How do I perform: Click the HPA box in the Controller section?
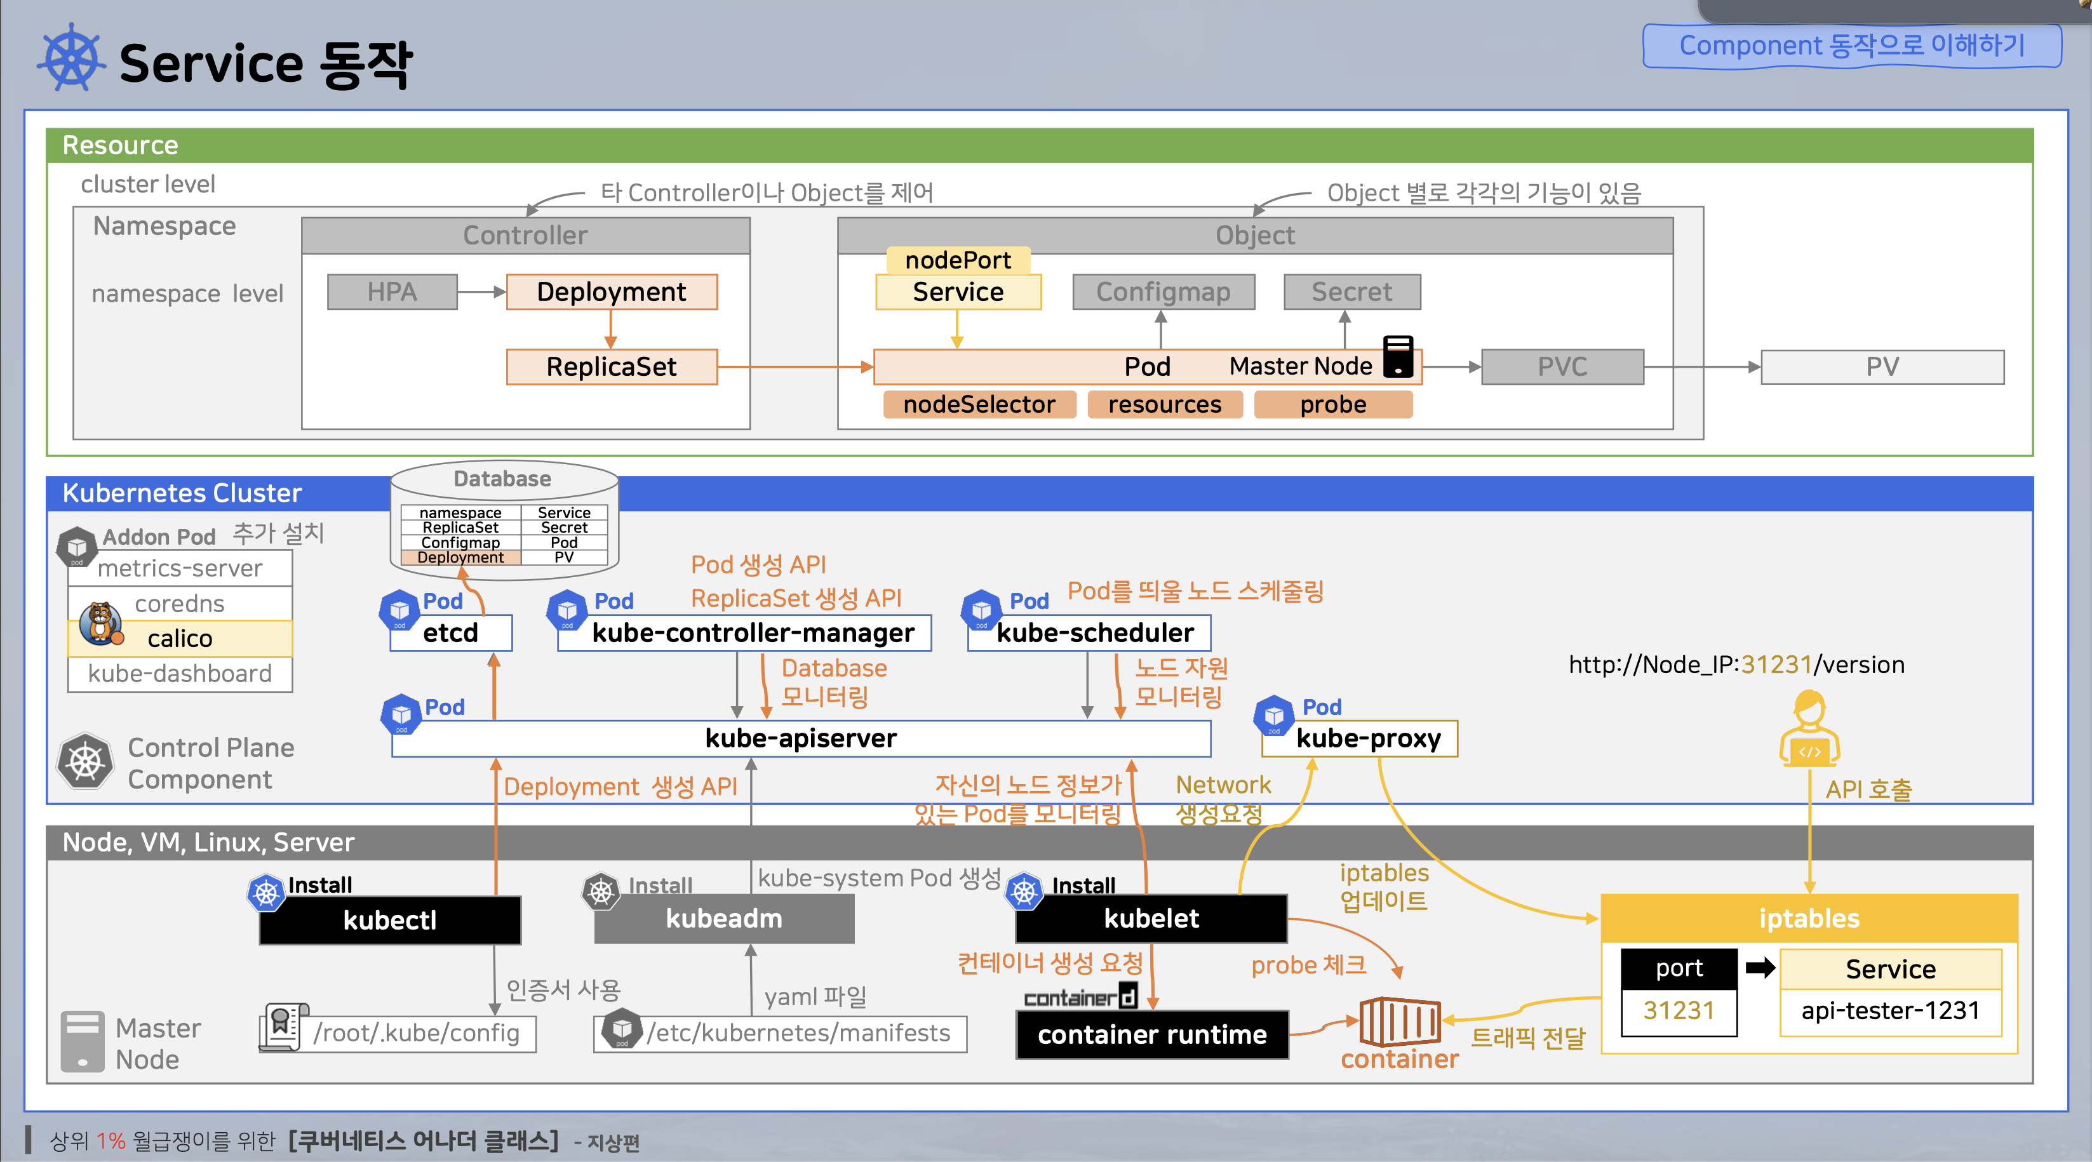392,291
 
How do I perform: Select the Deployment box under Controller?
612,291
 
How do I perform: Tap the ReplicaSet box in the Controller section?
612,366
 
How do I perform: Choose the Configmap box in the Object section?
1163,291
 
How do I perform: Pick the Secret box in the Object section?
1352,291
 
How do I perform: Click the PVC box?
1562,367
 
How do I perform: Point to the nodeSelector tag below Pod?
979,404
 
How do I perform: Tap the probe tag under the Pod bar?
1334,404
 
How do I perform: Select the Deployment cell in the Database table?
460,557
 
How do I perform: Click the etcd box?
451,632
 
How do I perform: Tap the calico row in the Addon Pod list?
180,638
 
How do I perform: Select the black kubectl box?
390,920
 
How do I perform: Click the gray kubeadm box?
725,918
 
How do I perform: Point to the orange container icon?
1400,1022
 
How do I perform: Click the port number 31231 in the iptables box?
1679,1011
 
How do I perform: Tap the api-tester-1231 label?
1891,1011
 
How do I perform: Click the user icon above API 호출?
1809,729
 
